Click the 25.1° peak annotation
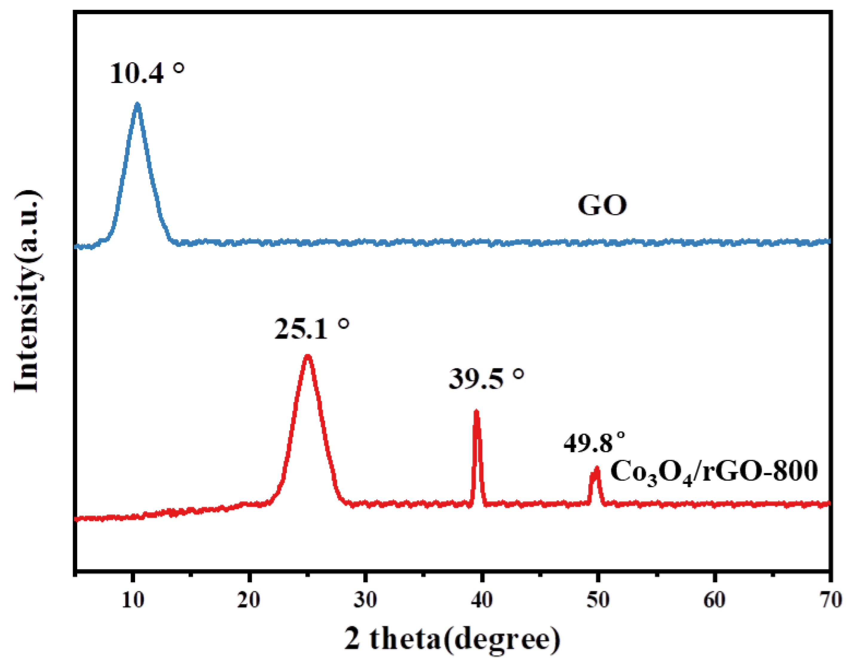[311, 329]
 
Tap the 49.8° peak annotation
[594, 443]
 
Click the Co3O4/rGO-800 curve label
[714, 472]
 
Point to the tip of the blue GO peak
[137, 104]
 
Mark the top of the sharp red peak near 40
[476, 411]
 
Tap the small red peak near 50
[597, 468]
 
